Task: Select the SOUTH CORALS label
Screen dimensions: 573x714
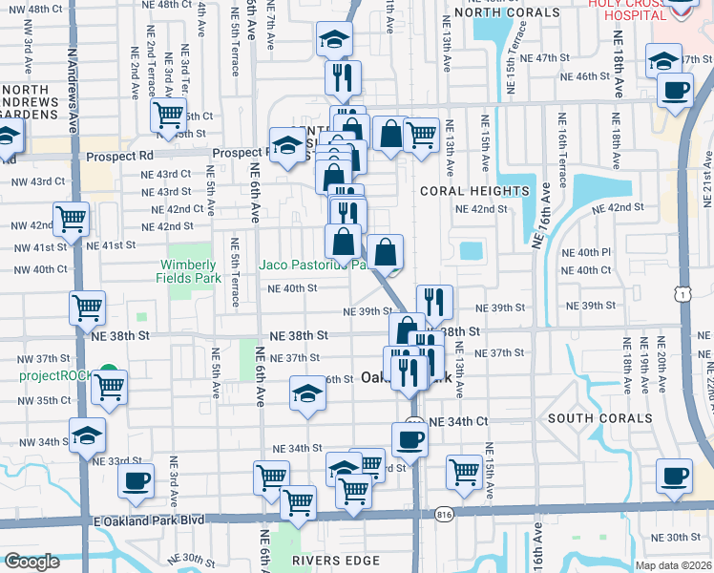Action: (x=599, y=418)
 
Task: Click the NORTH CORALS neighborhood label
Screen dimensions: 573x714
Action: (x=507, y=12)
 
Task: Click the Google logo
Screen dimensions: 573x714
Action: (x=31, y=562)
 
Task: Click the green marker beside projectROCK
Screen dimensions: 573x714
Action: (x=108, y=371)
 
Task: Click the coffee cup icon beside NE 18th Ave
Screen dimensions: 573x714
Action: (x=676, y=91)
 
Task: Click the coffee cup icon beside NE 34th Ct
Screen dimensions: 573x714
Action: (x=409, y=439)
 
